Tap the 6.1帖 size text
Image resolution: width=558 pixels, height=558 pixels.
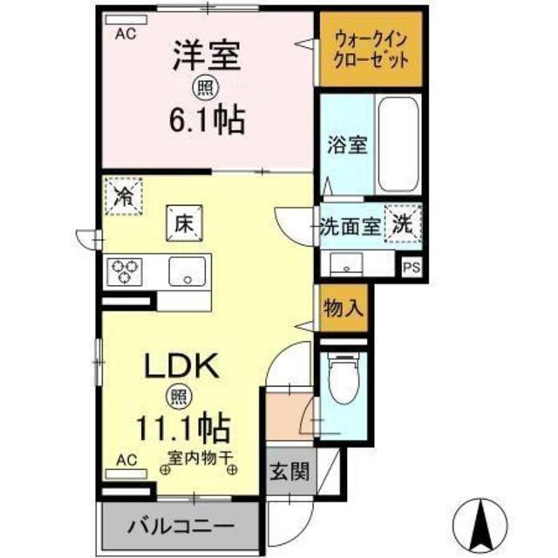pos(206,119)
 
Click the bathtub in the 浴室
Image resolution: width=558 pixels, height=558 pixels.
pos(398,143)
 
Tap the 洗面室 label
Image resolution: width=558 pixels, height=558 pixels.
pos(349,224)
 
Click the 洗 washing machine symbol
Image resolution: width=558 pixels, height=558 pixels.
pos(402,222)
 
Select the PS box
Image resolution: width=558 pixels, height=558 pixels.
pos(411,269)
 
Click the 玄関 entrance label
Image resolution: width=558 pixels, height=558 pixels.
pos(288,473)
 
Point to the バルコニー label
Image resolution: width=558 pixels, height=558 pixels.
pos(182,527)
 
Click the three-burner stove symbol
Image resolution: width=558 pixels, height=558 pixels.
pos(125,271)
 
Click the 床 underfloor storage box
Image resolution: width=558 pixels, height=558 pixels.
pos(184,222)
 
